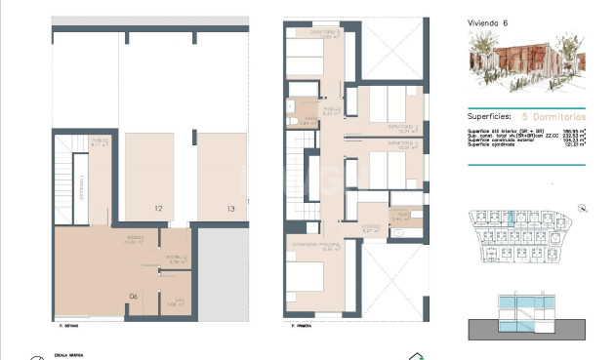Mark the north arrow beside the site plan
pos(582,208)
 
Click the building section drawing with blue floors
pos(526,315)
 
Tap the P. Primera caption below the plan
pos(293,326)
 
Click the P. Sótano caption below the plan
pos(68,326)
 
